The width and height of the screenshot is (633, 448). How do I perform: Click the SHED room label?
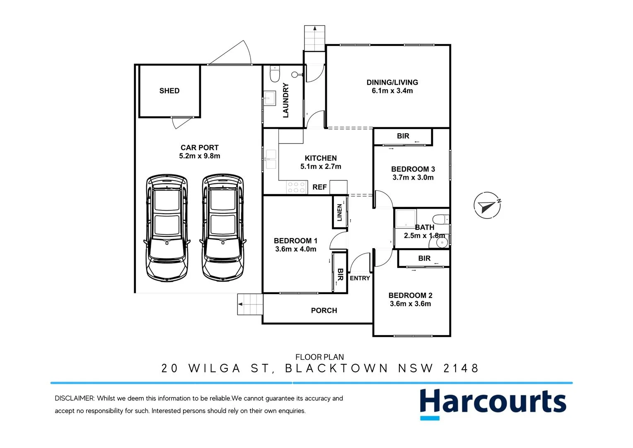tap(169, 91)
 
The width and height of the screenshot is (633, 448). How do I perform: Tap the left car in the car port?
tap(167, 228)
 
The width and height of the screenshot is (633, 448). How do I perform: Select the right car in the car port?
tap(222, 228)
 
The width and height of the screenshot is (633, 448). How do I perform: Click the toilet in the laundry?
tap(275, 74)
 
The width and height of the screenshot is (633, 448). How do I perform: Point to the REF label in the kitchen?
tap(319, 187)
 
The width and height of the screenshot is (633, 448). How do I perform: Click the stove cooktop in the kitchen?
tap(296, 187)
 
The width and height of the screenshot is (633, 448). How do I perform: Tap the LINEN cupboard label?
tap(340, 212)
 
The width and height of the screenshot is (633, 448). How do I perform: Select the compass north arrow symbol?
tap(487, 205)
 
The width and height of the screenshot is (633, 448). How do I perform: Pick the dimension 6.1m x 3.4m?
tap(392, 91)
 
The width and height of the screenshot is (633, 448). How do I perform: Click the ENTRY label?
tap(360, 278)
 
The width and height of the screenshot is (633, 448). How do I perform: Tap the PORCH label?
tap(324, 311)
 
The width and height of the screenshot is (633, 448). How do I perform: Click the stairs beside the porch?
tap(250, 304)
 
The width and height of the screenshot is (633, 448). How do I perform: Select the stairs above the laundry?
tap(315, 38)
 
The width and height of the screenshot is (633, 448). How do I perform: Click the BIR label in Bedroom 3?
tap(403, 136)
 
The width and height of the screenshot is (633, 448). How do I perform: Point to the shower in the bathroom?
tap(404, 219)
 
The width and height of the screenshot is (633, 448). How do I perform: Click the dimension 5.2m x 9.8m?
tap(200, 156)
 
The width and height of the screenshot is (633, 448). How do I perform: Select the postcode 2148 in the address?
tap(461, 368)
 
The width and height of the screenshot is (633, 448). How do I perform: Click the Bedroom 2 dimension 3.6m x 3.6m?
tap(410, 304)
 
